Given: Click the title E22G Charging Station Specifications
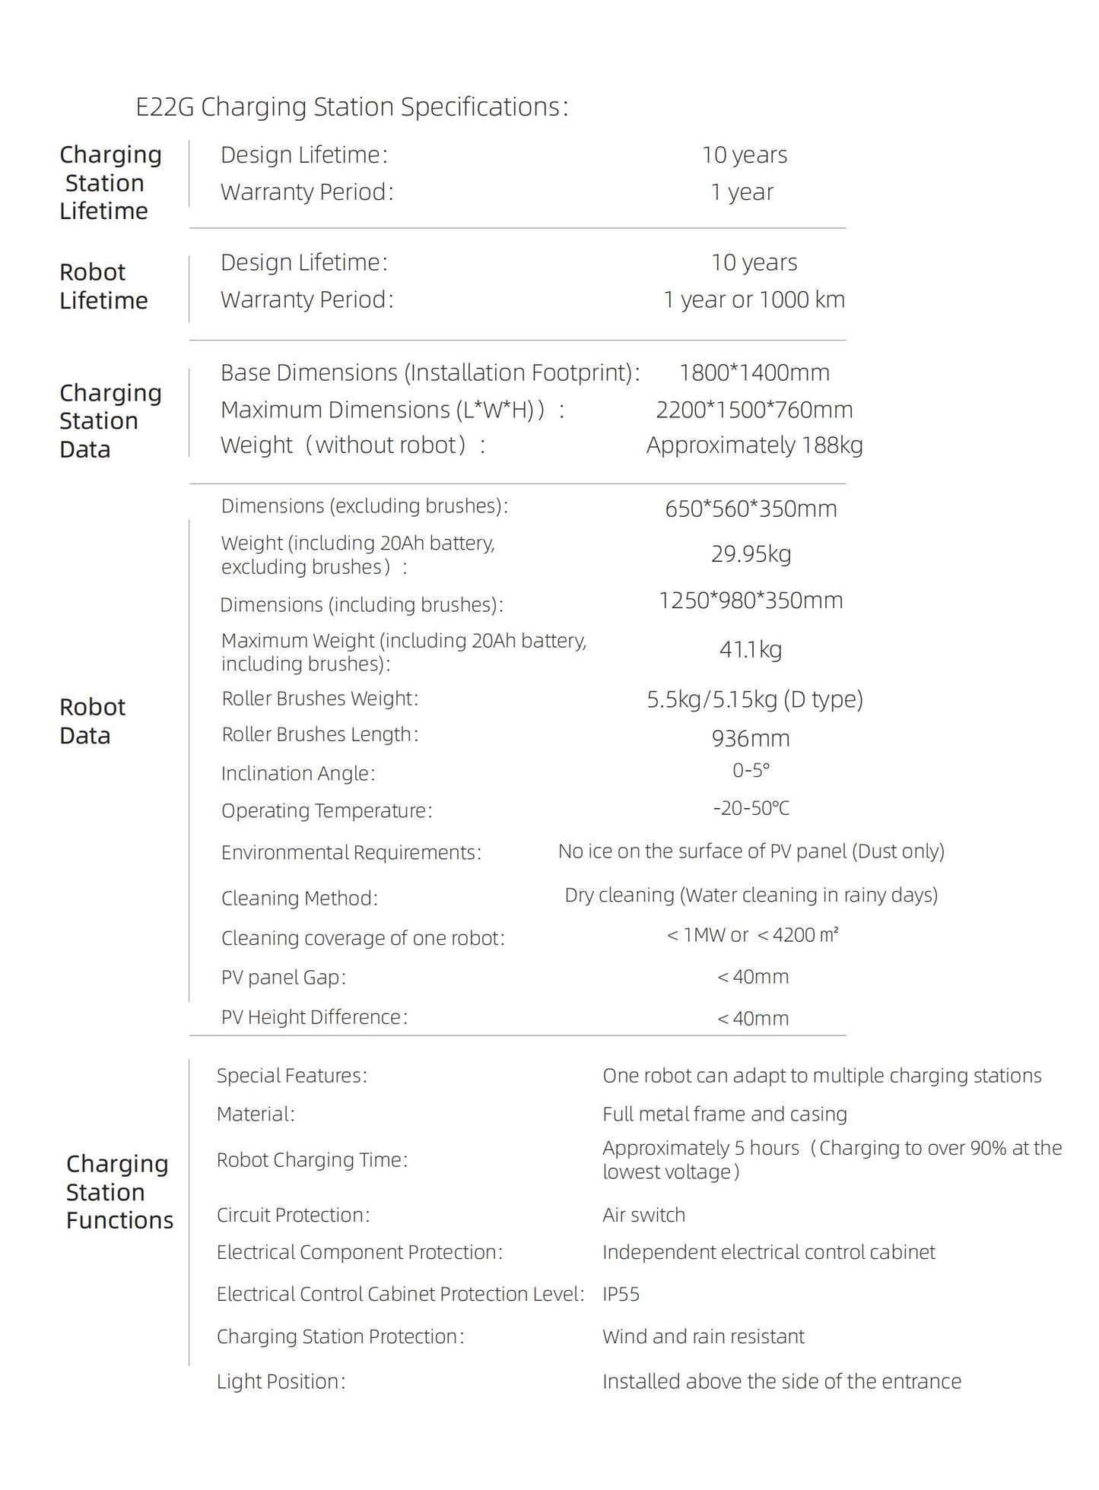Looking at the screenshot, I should [351, 107].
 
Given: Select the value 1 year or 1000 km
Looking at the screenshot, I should [754, 300].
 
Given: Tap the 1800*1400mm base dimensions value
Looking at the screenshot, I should [754, 372].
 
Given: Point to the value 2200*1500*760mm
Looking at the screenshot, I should [754, 410].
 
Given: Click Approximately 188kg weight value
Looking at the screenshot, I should [754, 445].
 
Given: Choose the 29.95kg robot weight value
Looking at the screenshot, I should [751, 553].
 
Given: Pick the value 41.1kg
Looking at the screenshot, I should [751, 649].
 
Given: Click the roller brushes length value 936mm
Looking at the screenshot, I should [751, 738].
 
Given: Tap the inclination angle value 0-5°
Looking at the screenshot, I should [751, 771].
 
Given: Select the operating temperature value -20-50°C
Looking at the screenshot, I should [751, 808].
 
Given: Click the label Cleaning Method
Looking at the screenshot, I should [299, 899].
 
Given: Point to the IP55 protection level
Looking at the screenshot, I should [621, 1294].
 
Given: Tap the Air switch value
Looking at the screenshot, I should [643, 1215].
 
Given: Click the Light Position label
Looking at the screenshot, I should [281, 1381].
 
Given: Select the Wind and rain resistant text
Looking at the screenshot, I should [703, 1336].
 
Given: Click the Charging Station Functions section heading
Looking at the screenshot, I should [119, 1192].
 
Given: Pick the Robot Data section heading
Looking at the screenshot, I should [92, 721].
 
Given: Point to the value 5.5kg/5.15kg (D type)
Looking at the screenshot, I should [754, 699].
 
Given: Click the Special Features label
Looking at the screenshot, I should [291, 1076].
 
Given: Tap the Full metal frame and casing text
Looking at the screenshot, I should [724, 1114].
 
